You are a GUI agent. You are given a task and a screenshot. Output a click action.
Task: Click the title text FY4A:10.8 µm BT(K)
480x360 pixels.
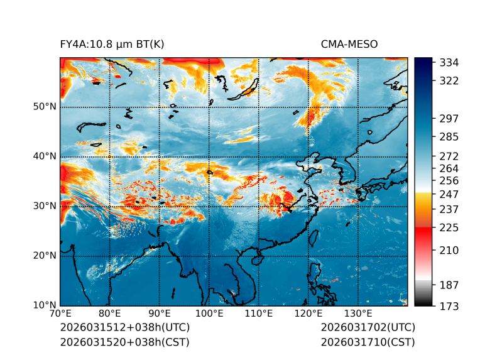112,44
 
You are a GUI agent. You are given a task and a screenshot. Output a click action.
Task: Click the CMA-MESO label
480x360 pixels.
349,44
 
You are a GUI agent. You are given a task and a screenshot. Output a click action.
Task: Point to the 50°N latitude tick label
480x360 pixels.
45,107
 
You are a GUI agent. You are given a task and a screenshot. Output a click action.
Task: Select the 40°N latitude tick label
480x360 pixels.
45,156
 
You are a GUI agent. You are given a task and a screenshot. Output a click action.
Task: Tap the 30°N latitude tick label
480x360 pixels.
45,206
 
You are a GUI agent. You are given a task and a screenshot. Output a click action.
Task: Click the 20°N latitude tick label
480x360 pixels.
45,256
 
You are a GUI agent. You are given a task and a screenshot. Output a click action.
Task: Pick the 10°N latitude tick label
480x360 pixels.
45,305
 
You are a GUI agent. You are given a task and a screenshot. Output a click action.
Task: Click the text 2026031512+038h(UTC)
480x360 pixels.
124,328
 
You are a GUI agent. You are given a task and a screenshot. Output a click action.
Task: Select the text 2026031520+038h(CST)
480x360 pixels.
124,342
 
